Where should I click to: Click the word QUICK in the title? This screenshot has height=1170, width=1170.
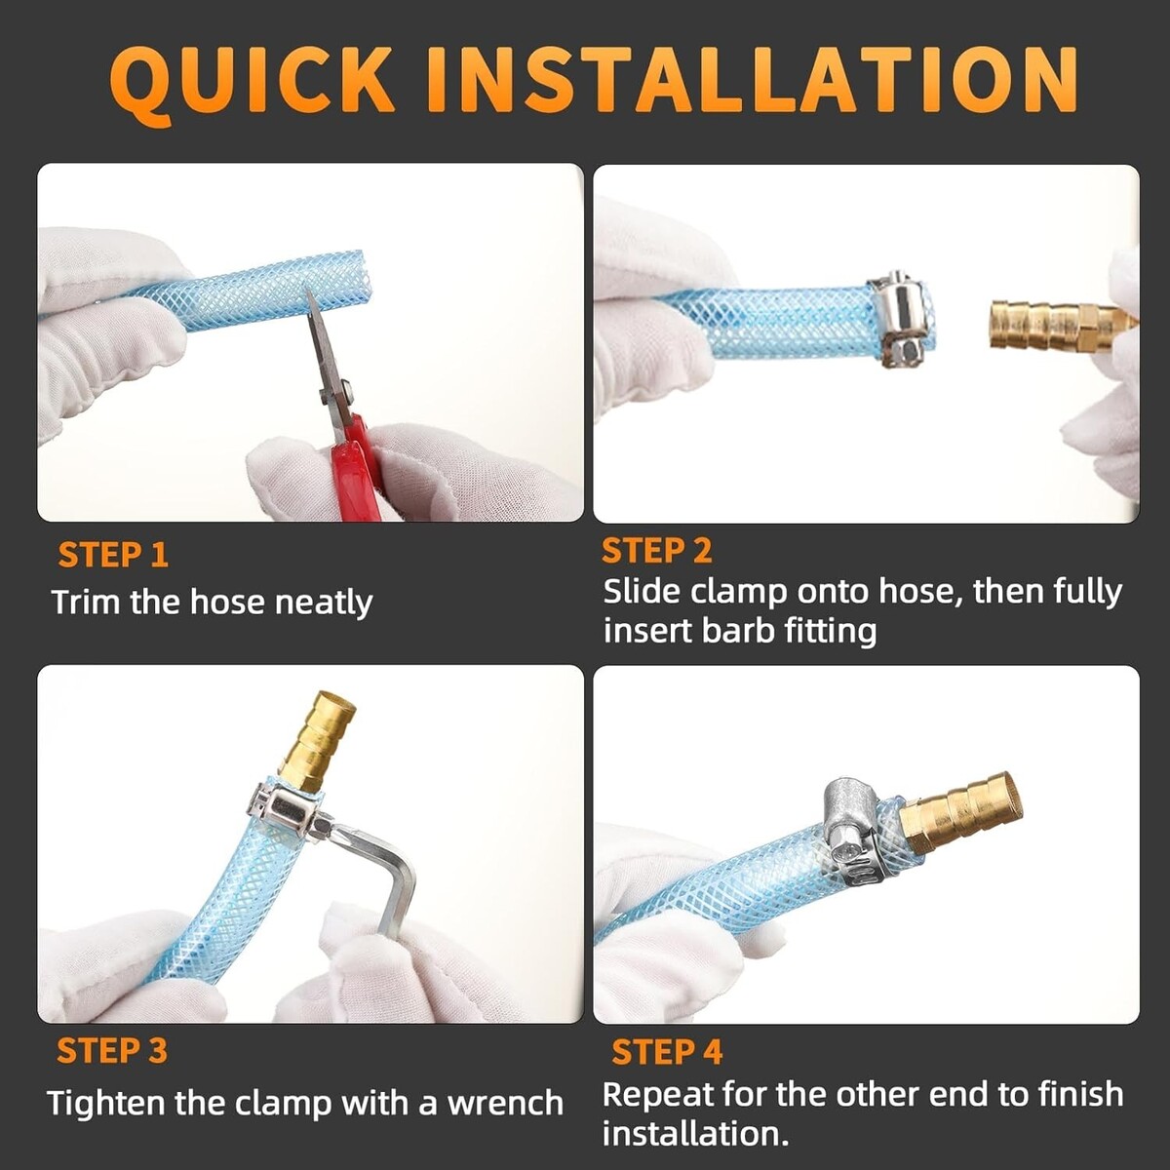tap(251, 81)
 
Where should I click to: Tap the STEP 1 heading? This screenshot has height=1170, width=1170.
tap(113, 555)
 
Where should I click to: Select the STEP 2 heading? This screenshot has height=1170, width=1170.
tap(656, 550)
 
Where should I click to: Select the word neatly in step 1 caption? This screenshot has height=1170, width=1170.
tap(324, 604)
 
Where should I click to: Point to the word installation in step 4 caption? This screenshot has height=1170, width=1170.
tap(696, 1134)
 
